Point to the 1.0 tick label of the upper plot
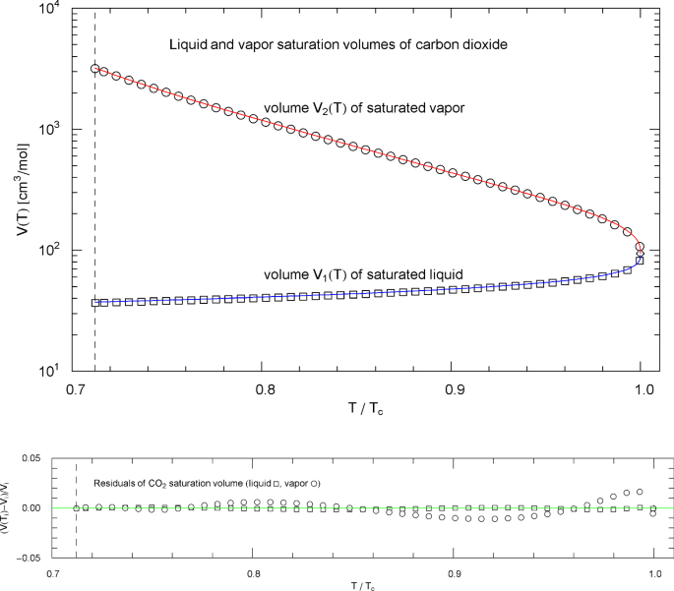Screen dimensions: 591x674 tap(642, 389)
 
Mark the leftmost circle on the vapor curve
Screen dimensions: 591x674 tap(95, 69)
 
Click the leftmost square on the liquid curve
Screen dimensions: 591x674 tap(95, 303)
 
